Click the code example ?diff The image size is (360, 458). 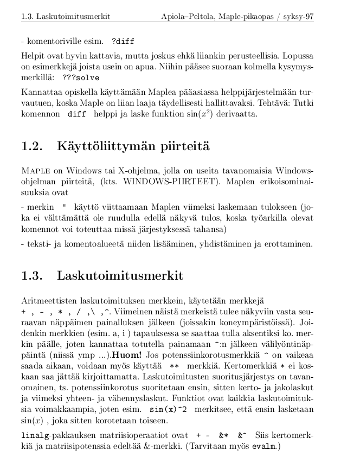click(x=123, y=41)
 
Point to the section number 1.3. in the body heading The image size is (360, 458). click(x=32, y=276)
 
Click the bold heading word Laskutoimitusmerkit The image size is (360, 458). click(x=120, y=276)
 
